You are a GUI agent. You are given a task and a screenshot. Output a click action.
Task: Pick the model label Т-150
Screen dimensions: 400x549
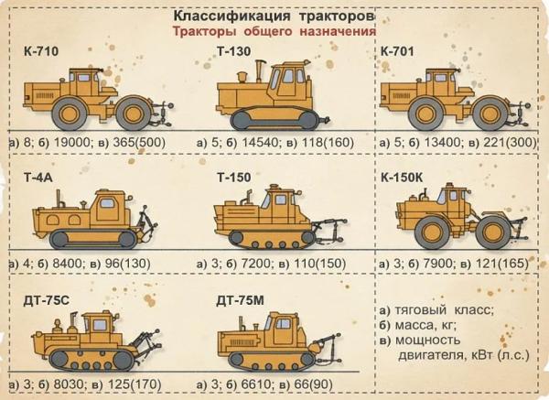coord(232,176)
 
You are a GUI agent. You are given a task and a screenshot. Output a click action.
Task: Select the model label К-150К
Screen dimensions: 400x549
coord(408,176)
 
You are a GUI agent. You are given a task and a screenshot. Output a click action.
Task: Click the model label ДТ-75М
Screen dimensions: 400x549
coord(238,301)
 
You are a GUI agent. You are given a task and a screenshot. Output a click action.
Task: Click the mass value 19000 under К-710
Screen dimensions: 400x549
coord(77,144)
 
